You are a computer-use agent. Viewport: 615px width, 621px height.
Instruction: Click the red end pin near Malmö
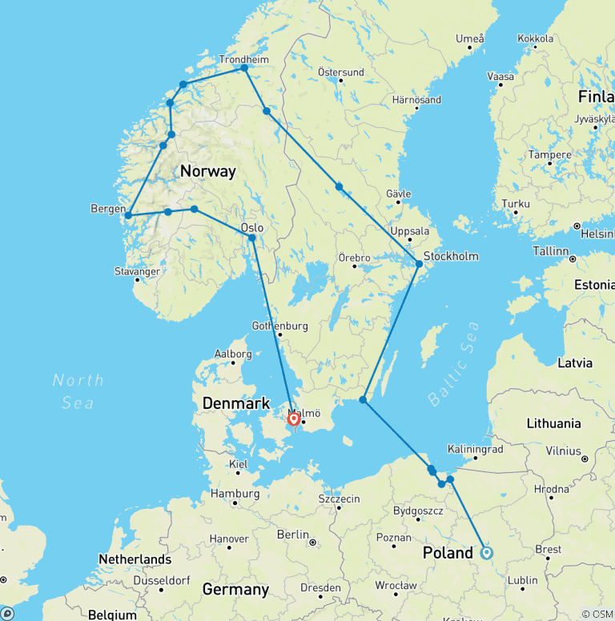click(294, 419)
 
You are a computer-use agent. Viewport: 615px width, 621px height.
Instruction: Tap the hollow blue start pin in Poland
click(487, 552)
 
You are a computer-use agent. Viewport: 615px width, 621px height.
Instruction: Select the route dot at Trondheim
click(244, 68)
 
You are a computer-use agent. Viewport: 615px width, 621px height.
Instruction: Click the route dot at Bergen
click(128, 215)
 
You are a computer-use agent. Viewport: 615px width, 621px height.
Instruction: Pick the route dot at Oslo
click(251, 238)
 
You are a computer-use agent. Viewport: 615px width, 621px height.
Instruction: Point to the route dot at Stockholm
click(419, 263)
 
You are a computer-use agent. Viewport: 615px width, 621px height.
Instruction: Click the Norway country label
click(208, 171)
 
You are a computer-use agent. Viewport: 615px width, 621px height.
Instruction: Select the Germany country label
click(235, 590)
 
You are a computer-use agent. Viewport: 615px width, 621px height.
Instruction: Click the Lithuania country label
click(553, 423)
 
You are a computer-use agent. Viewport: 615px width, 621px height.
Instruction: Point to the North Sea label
click(78, 391)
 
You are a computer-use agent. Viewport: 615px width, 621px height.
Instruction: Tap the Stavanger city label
click(137, 272)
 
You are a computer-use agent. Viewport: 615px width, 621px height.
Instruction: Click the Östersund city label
click(340, 72)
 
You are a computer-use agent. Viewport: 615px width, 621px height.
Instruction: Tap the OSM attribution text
click(597, 614)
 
